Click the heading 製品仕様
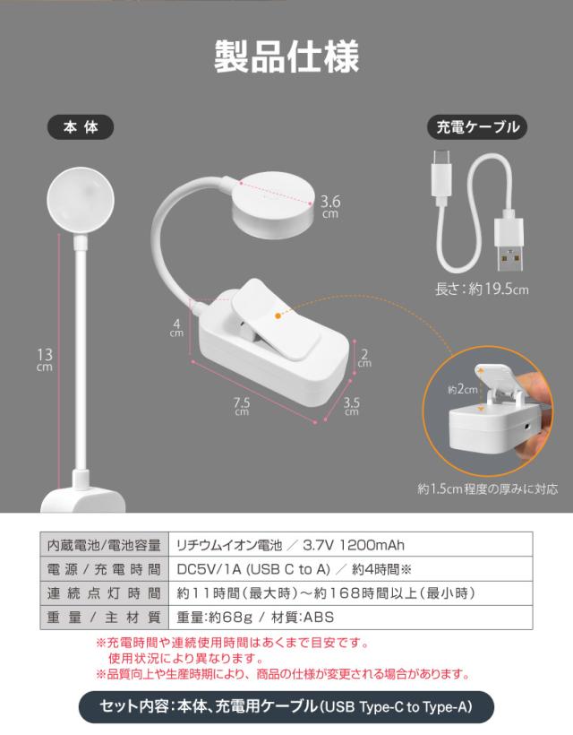click(x=286, y=56)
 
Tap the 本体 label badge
click(x=80, y=127)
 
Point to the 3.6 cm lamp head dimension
click(x=330, y=206)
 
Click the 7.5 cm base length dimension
click(x=241, y=406)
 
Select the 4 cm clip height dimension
click(x=176, y=327)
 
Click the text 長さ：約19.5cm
click(x=482, y=290)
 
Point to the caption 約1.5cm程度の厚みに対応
click(x=487, y=489)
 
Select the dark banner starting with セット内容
click(x=286, y=707)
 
